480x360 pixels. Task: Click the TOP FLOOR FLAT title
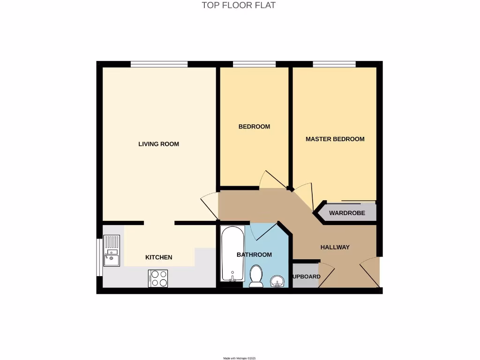point(239,6)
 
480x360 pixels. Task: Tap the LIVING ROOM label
point(158,144)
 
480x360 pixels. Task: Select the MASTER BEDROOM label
point(335,139)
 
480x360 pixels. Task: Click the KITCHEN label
point(158,257)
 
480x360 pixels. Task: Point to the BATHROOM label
point(254,255)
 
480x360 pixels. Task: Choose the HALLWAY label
point(335,247)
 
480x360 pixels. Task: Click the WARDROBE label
point(347,213)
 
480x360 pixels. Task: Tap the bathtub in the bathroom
point(232,254)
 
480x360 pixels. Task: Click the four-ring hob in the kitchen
point(158,278)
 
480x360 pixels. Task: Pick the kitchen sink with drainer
point(112,251)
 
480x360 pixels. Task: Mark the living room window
point(159,64)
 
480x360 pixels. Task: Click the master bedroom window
point(334,64)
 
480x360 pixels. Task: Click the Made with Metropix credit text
point(239,358)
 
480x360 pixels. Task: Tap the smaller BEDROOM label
point(254,127)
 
